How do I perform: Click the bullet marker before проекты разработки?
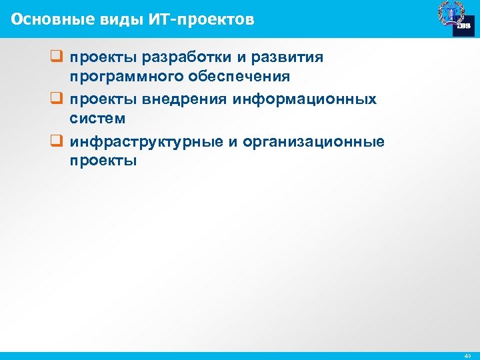point(56,57)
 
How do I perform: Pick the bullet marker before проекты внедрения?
point(56,99)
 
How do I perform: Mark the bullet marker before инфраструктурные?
point(56,142)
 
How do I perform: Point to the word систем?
point(97,118)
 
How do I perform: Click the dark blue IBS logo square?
point(463,25)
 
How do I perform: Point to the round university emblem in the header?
point(448,13)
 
